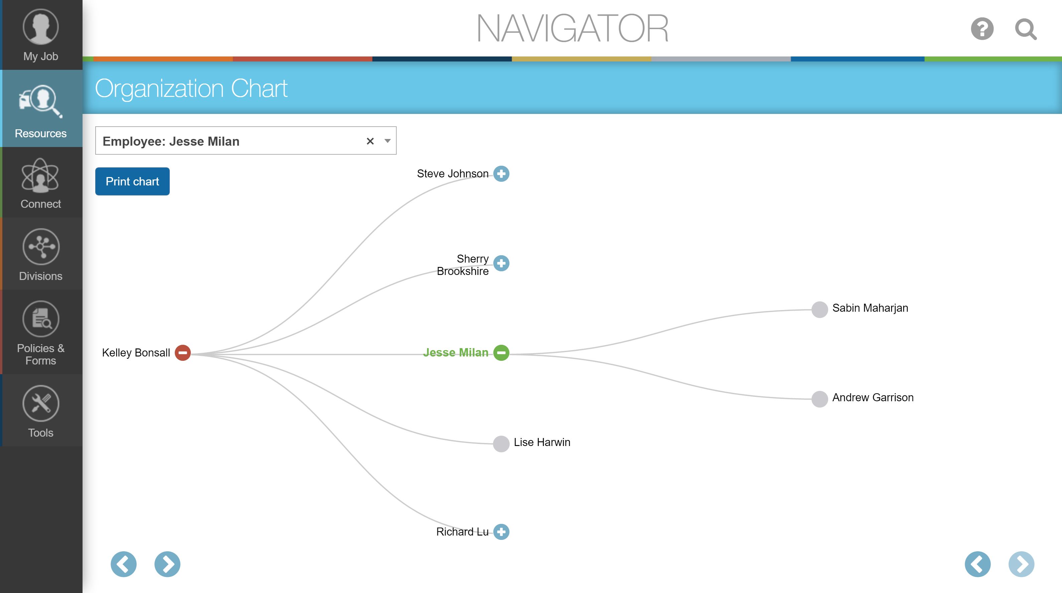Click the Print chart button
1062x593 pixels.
coord(132,181)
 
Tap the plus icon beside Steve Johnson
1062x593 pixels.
coord(501,173)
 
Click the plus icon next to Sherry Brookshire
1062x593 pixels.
coord(501,263)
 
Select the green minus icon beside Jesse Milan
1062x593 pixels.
coord(501,353)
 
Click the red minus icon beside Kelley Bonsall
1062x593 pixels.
coord(183,353)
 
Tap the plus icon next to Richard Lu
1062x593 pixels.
coord(501,532)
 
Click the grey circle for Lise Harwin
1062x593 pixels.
coord(501,444)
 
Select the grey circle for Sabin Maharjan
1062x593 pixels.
coord(820,309)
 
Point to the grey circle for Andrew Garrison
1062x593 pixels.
coord(820,399)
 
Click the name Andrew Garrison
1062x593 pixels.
coord(873,397)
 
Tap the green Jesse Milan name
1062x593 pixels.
coord(455,352)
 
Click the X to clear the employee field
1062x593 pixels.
coord(370,141)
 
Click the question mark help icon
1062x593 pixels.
coord(982,29)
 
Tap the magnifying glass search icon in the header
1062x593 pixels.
coord(1025,29)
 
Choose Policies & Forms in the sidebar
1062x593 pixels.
coord(41,332)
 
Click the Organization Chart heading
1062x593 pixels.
coord(191,88)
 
